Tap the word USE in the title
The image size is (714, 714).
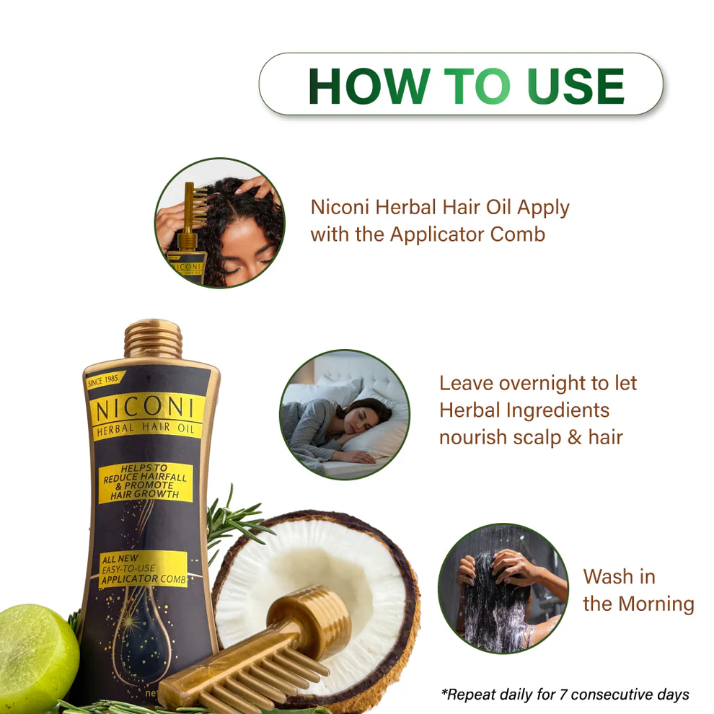point(576,86)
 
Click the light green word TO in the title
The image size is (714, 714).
point(477,86)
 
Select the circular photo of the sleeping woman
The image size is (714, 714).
point(344,415)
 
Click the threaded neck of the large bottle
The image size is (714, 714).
point(153,339)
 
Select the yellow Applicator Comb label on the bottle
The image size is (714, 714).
point(143,569)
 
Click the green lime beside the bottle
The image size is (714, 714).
point(36,650)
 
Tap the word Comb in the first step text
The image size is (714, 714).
point(517,234)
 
